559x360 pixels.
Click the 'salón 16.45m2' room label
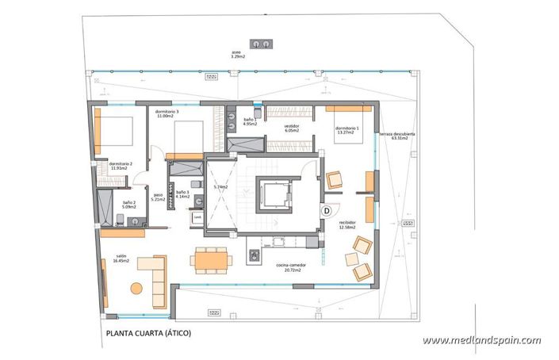click(121, 258)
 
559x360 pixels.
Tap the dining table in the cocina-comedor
click(210, 259)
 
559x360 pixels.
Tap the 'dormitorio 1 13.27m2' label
click(347, 130)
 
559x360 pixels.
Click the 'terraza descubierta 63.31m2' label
click(396, 136)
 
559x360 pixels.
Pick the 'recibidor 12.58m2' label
click(347, 225)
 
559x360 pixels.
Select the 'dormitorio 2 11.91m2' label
click(121, 165)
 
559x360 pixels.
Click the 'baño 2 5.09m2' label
click(130, 205)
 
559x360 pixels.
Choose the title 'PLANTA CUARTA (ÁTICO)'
click(148, 334)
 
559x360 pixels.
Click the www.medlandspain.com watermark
click(481, 340)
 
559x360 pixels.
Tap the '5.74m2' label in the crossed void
click(220, 187)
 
